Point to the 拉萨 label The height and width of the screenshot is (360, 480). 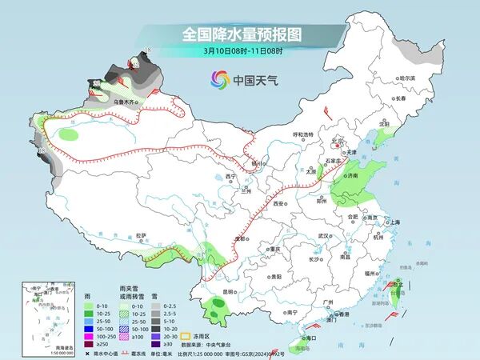[x=142, y=235]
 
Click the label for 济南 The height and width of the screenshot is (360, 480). [x=354, y=174]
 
